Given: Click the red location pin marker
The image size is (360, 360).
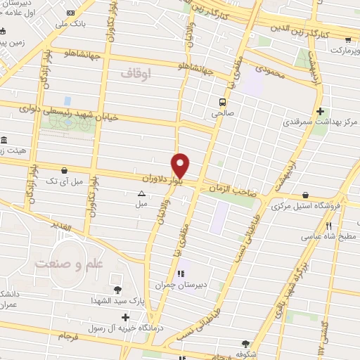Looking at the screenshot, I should (x=181, y=165).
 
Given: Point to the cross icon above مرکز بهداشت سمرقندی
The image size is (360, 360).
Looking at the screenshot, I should (x=321, y=111).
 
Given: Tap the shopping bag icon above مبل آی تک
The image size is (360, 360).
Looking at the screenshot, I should (x=65, y=170).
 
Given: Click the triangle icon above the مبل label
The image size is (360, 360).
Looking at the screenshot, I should (x=141, y=193).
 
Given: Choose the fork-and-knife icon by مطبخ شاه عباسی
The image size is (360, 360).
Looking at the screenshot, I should (x=328, y=226).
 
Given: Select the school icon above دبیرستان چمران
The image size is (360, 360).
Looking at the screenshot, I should (x=181, y=274).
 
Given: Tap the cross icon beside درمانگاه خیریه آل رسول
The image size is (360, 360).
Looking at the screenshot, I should (x=125, y=318).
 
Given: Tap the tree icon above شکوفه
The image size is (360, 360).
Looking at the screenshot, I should (x=245, y=344).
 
